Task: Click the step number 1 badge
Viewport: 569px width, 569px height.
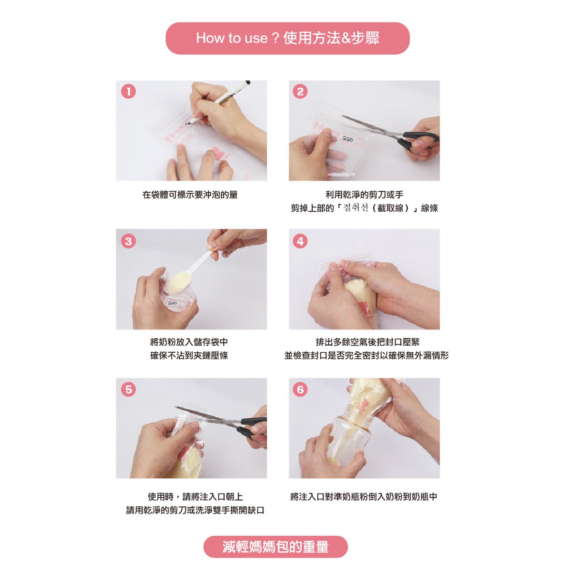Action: click(x=128, y=92)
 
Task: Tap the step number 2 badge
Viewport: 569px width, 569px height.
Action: click(x=300, y=92)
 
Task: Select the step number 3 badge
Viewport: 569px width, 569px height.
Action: click(x=128, y=241)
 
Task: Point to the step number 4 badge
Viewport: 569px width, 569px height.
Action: click(x=300, y=241)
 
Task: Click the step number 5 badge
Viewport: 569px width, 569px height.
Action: click(x=128, y=390)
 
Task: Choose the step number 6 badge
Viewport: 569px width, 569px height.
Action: click(x=300, y=390)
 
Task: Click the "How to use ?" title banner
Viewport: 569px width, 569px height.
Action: click(x=287, y=38)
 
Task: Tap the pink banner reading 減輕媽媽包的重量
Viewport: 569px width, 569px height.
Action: click(x=276, y=547)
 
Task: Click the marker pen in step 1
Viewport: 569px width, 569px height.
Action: click(x=218, y=102)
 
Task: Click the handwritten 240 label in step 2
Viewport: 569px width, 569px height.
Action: click(x=348, y=139)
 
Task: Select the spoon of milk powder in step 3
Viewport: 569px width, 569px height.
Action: click(x=189, y=271)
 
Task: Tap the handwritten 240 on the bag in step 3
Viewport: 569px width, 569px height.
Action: click(x=172, y=303)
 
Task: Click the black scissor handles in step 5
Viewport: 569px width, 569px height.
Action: click(x=253, y=427)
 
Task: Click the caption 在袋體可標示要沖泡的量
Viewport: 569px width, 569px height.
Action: click(x=190, y=195)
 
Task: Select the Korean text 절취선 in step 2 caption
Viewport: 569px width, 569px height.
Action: click(x=356, y=208)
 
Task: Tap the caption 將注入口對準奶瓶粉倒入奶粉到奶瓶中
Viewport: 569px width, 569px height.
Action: click(x=363, y=496)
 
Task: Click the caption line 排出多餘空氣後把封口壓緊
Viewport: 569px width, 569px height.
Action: click(x=367, y=342)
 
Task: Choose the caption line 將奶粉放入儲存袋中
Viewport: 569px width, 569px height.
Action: click(x=189, y=342)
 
